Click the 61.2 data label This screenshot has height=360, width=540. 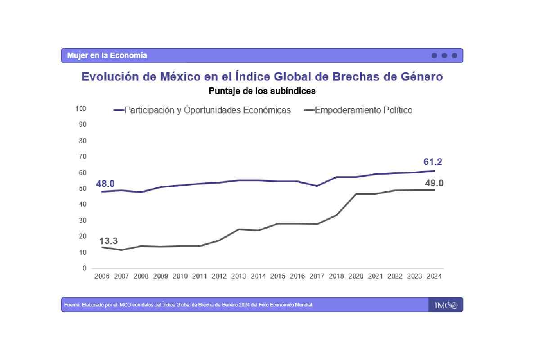pos(433,162)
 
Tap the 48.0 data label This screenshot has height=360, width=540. pos(105,184)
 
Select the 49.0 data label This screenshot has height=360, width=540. pos(434,183)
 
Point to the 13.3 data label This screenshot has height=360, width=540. pos(108,241)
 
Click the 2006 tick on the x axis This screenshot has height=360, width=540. pos(102,276)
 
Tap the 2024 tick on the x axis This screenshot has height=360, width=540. pos(434,276)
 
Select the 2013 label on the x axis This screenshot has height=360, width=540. pos(238,276)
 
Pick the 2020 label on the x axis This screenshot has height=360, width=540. pos(355,276)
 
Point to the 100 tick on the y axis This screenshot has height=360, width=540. pos(81,108)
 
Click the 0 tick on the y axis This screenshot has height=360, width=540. pos(84,268)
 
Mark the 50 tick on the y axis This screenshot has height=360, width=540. pos(82,188)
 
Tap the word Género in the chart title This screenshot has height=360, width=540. pos(421,76)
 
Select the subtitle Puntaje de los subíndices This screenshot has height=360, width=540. pos(262,91)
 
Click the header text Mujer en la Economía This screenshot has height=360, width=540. pos(107,55)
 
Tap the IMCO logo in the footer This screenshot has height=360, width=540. pos(445,305)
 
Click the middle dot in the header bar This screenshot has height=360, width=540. pos(444,55)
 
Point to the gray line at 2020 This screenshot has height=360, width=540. pos(355,194)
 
